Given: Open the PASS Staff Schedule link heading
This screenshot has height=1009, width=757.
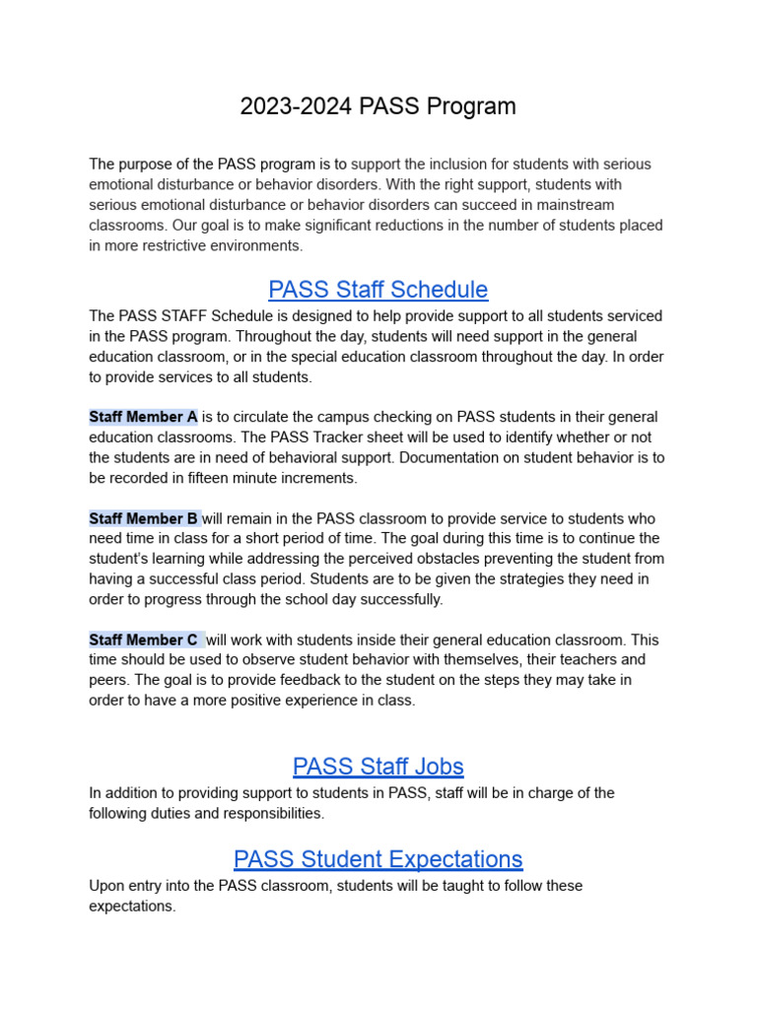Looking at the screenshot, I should pos(378,290).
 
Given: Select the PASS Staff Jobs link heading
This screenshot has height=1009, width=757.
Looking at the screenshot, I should pos(378,767).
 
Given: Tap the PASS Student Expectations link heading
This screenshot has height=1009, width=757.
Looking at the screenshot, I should pos(378,859).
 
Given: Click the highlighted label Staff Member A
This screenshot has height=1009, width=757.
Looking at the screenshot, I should pos(143,417).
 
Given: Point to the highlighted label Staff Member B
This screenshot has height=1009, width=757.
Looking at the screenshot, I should pos(144,518).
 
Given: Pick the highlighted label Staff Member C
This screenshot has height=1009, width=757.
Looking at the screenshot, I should pos(144,640).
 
